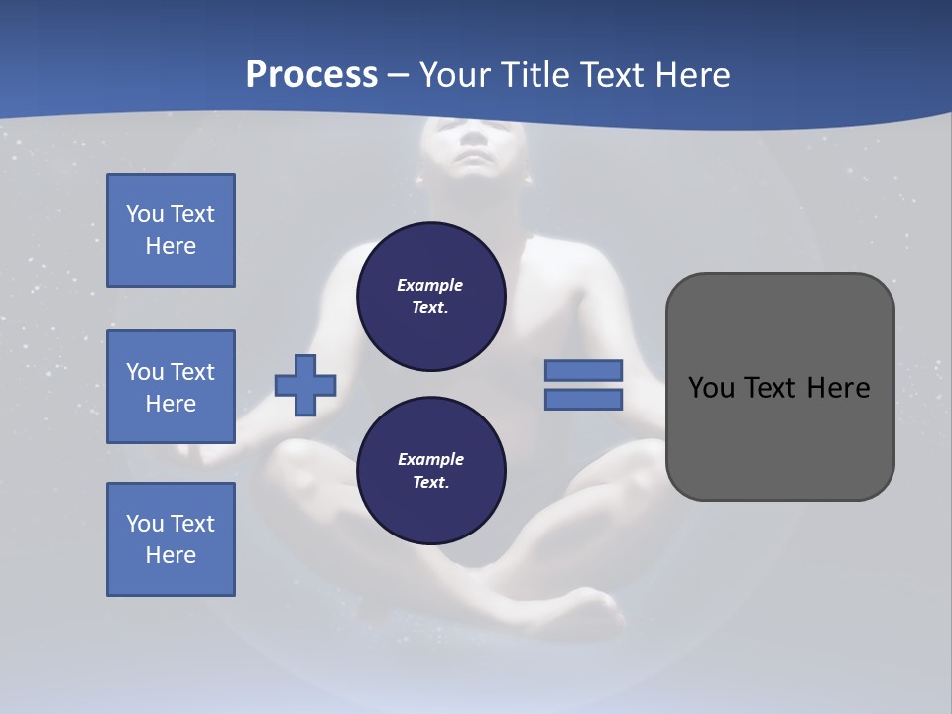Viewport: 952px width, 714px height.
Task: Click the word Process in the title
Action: click(311, 75)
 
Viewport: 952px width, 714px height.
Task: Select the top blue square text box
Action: click(171, 230)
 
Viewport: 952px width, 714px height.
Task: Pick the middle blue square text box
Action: click(171, 387)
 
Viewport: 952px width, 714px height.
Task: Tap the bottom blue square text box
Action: click(171, 539)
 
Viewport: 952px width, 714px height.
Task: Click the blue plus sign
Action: click(305, 386)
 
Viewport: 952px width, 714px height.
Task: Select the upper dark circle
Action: click(431, 297)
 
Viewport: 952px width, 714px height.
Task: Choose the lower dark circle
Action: click(431, 471)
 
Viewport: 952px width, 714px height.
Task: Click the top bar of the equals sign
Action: click(584, 371)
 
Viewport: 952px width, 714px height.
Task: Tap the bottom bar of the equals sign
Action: click(584, 400)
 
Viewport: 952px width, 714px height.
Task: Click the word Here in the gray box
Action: click(837, 388)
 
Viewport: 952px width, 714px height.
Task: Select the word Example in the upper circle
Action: click(430, 285)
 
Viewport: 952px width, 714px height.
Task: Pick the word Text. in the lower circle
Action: click(430, 483)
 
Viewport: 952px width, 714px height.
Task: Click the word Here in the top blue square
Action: click(171, 246)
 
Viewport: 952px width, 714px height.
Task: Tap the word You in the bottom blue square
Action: click(145, 524)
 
